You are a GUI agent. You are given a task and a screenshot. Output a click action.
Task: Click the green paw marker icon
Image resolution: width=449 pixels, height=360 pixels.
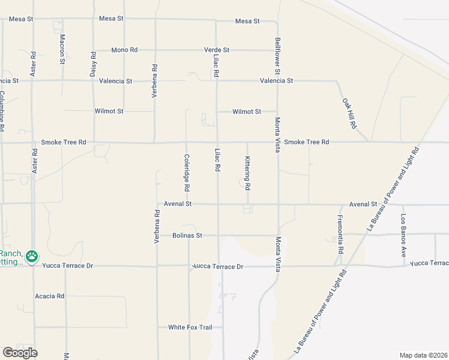point(31,257)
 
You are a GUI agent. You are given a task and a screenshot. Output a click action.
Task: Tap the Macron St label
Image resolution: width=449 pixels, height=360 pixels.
point(62,49)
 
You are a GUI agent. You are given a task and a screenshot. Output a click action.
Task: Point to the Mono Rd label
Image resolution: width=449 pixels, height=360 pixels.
point(124,50)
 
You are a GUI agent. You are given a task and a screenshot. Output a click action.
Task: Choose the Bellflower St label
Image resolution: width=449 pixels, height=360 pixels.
point(278,53)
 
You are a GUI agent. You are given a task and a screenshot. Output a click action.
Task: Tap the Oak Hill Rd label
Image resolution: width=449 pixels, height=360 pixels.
point(349,114)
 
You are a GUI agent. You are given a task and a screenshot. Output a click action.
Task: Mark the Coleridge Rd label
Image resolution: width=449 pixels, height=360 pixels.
point(187,173)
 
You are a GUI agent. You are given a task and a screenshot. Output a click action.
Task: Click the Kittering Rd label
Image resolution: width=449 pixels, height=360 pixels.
point(247,173)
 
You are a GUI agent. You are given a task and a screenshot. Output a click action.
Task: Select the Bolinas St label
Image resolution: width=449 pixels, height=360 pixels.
point(187,236)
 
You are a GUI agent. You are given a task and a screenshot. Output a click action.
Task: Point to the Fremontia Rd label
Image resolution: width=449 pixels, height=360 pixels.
point(340,234)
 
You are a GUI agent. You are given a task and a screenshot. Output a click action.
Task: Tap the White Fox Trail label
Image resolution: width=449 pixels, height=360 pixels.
point(186,327)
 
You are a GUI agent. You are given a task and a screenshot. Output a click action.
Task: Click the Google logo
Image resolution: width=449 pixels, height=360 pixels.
point(20,352)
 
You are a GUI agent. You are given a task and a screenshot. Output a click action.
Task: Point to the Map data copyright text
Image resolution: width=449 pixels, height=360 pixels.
point(423,355)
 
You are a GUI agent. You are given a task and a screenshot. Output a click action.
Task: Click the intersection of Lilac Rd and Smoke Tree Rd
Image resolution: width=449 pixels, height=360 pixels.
point(217,143)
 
